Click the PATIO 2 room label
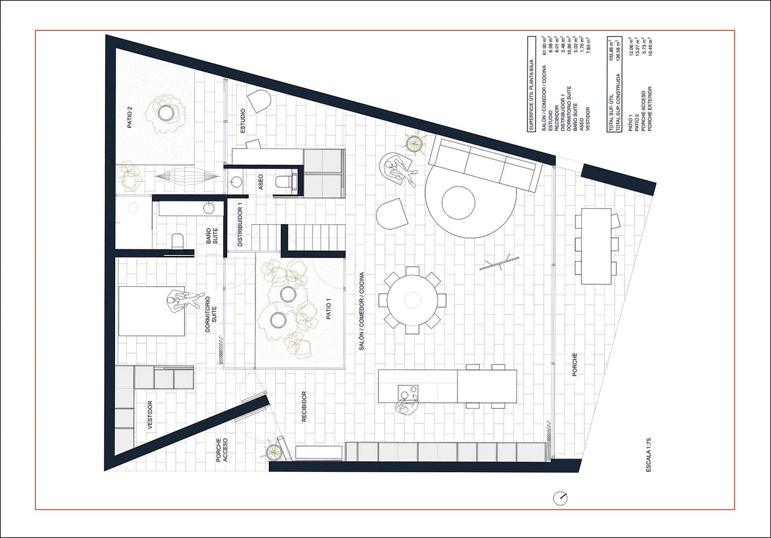point(130,117)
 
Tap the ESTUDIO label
point(243,121)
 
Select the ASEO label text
point(261,181)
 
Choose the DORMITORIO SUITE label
point(211,313)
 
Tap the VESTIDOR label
point(150,415)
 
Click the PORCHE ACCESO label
point(222,450)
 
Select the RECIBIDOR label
point(304,406)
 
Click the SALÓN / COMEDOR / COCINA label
point(361,311)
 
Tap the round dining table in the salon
point(412,300)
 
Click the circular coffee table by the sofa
point(458,202)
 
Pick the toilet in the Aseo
point(284,181)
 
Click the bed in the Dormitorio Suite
point(152,311)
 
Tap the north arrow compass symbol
point(560,498)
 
